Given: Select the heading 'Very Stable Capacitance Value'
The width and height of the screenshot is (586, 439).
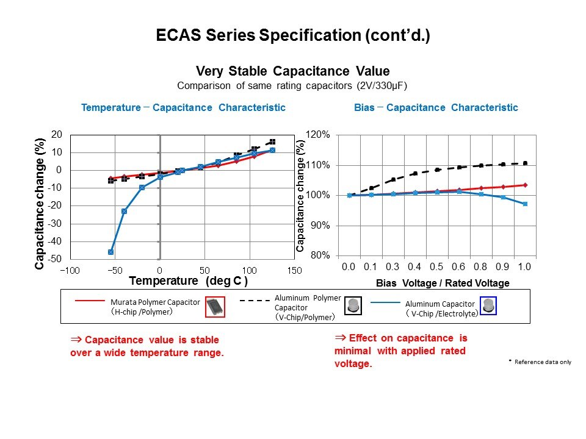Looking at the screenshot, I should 292,71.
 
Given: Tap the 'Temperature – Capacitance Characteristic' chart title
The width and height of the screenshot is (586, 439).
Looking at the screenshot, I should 183,108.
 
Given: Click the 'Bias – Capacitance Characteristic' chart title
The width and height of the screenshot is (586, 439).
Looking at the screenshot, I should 436,108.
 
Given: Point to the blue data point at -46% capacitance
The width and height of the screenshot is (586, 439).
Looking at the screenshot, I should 111,252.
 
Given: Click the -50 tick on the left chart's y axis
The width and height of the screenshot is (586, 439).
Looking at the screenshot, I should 55,259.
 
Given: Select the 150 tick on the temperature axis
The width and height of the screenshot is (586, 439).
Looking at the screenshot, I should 294,270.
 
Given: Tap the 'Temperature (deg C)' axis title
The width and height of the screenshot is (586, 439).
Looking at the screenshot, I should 189,281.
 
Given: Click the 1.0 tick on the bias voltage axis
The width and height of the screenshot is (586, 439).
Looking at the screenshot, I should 524,267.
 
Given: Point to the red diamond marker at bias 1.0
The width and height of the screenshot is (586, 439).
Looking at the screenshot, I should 525,185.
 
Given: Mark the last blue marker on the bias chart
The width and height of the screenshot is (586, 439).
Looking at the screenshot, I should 525,204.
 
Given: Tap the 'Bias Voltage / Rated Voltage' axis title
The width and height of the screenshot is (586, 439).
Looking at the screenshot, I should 443,284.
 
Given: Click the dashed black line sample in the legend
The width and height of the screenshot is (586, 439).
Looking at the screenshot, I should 253,301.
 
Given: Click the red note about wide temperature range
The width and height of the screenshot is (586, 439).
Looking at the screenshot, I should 147,346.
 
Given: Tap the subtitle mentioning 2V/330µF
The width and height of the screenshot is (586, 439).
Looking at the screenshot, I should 292,86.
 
